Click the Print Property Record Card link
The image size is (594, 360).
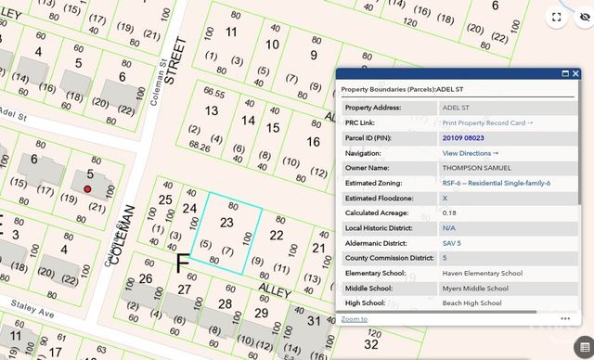coord(487,122)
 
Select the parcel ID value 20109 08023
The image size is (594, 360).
coord(463,137)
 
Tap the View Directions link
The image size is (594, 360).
coord(470,152)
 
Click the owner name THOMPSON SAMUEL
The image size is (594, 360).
coord(476,168)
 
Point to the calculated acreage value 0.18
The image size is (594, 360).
coord(449,212)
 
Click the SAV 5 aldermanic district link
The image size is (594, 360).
coord(451,243)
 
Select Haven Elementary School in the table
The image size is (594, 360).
coord(482,273)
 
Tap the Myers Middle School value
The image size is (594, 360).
coord(475,288)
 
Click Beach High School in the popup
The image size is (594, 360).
coord(472,302)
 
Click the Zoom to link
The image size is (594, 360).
coord(354,318)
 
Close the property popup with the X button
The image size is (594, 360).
coord(575,73)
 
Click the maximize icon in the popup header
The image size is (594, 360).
coord(563,73)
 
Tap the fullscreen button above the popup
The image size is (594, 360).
coord(557,17)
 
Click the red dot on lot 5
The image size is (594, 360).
coord(87,188)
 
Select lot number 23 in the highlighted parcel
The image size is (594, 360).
coord(226,223)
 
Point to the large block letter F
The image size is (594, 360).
coord(183,264)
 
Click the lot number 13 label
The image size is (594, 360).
coord(212,111)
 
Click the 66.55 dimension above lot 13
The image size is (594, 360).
coord(214,93)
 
